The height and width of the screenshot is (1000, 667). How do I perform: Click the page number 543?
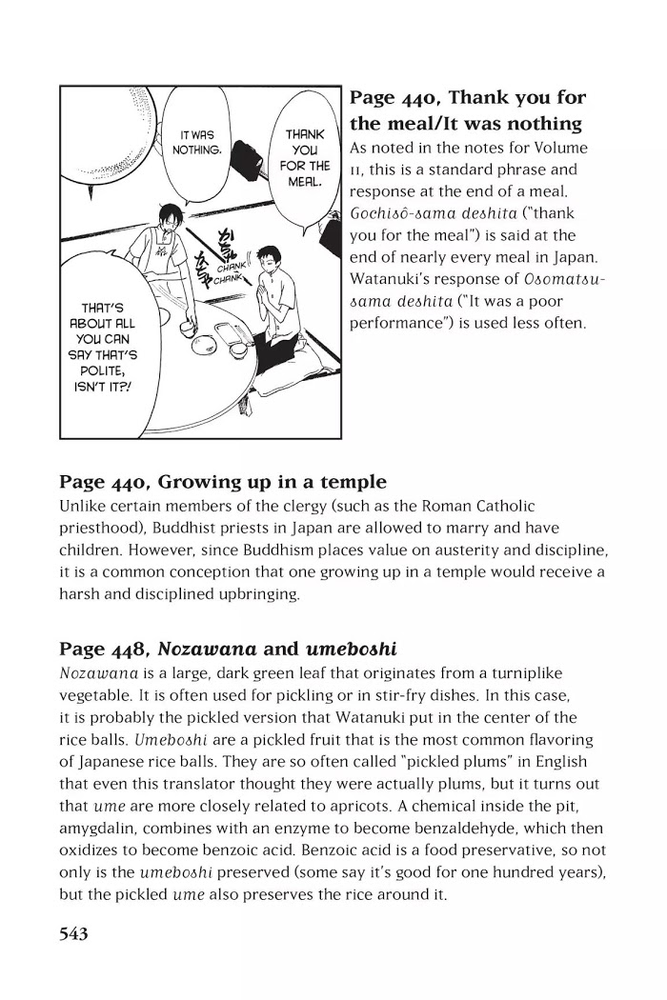tap(73, 934)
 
